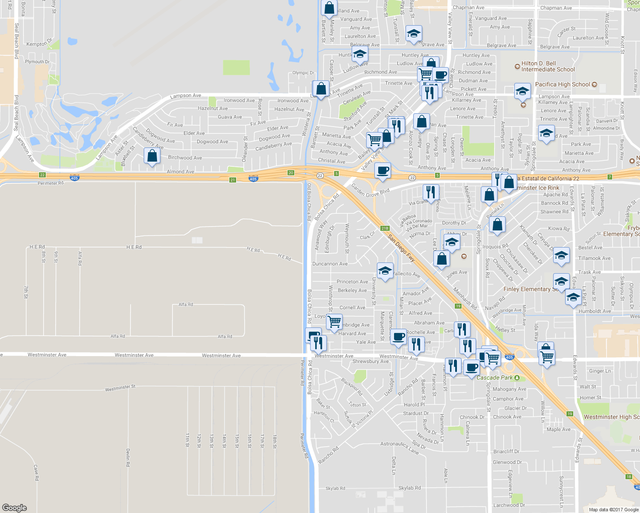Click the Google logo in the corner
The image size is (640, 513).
(x=15, y=507)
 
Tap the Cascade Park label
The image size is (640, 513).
(x=495, y=378)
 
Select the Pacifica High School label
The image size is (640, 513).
(x=563, y=85)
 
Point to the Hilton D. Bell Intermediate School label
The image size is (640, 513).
(x=548, y=66)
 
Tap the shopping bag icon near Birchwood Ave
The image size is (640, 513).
(x=152, y=156)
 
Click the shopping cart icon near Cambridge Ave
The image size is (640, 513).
(x=334, y=321)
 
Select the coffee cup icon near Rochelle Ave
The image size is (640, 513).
(x=398, y=336)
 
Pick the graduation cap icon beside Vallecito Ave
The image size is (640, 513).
(x=385, y=271)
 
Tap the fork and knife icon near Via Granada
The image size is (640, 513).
(x=431, y=192)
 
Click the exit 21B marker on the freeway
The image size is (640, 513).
(x=384, y=228)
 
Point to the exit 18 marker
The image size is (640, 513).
(x=628, y=477)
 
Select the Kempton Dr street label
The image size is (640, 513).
(x=39, y=44)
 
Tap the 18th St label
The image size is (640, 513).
(x=275, y=441)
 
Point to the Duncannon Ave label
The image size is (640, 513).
(x=330, y=264)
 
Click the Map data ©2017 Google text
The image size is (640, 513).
(x=613, y=509)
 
